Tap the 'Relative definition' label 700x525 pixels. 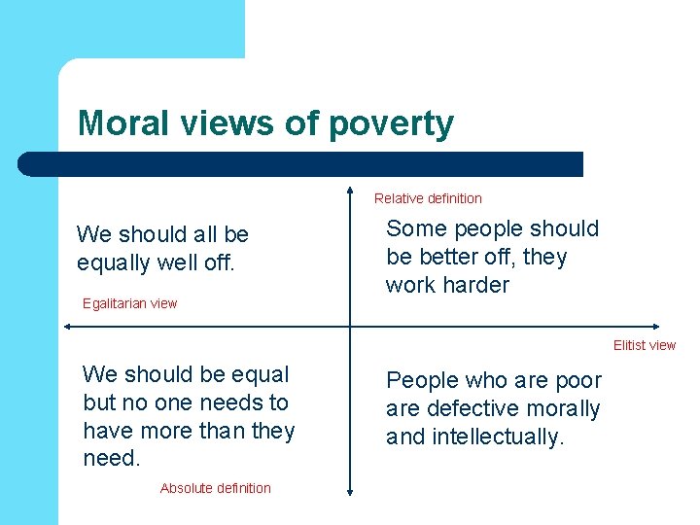(x=428, y=198)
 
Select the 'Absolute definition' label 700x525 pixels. (x=216, y=488)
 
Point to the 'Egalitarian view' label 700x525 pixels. (x=130, y=303)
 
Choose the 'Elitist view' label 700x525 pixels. (x=644, y=345)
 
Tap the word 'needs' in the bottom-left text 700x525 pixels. (x=223, y=402)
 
